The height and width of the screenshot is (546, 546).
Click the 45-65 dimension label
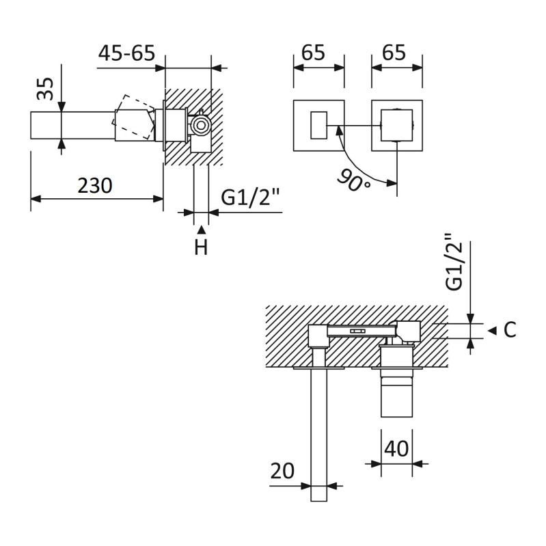tap(126, 53)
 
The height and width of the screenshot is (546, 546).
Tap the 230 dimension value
tap(95, 185)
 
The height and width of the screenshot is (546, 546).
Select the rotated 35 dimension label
tap(45, 88)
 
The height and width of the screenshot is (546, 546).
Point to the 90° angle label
tap(353, 180)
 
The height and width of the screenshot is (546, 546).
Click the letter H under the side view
tap(201, 247)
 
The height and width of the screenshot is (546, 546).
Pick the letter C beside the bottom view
tap(510, 330)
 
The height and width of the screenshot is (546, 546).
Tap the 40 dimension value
tap(396, 449)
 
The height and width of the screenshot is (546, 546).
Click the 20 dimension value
tap(282, 471)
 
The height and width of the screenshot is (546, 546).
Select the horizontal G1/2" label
tap(250, 197)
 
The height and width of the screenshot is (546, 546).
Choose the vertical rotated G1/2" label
tap(454, 262)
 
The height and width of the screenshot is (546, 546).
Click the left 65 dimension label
tap(313, 53)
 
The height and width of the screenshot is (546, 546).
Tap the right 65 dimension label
tap(394, 53)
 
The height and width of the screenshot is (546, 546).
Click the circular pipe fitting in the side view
tap(200, 125)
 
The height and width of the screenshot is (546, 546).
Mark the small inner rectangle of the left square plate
tap(318, 125)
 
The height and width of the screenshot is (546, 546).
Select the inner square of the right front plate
tap(397, 125)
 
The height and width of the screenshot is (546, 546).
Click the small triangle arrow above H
tap(202, 230)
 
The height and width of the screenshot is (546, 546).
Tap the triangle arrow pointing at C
tap(492, 331)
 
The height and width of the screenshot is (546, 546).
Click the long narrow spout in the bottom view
tap(318, 435)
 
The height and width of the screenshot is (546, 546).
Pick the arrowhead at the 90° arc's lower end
tap(392, 182)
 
